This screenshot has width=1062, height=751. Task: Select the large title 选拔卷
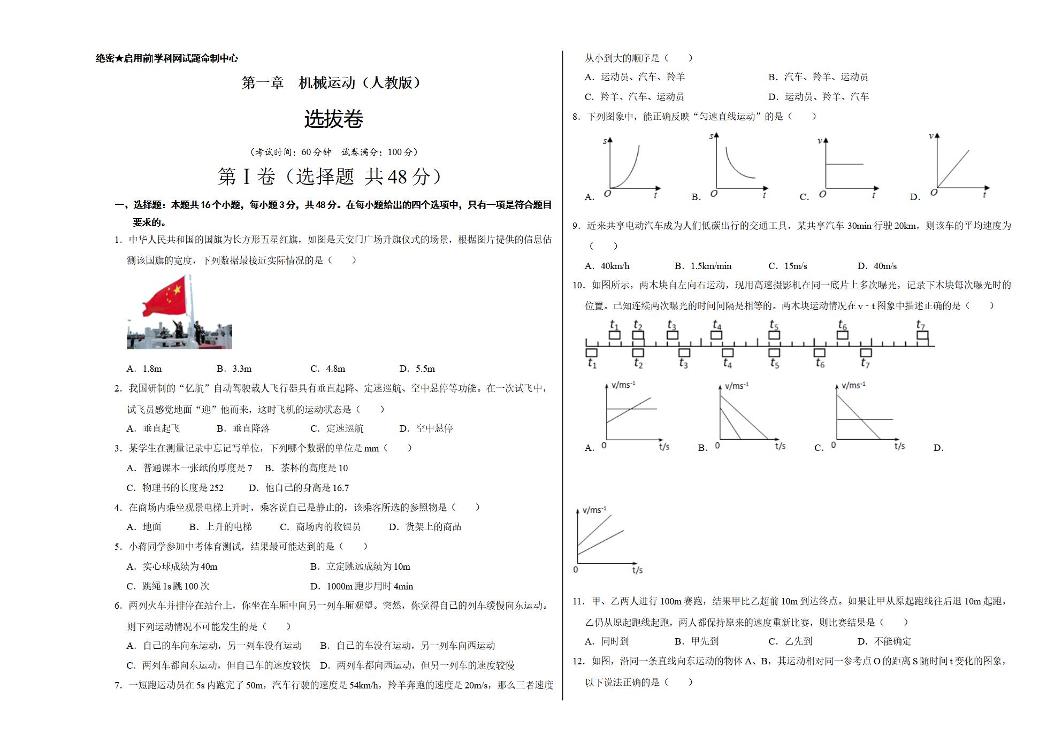pos(334,119)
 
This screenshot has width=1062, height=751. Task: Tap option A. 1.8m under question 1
pos(144,369)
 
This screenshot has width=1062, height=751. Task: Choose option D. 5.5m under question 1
pos(417,369)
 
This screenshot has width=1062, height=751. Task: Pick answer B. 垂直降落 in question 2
pos(243,428)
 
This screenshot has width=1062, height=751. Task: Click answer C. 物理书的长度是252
pos(175,488)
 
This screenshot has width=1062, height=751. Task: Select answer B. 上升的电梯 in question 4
pos(220,527)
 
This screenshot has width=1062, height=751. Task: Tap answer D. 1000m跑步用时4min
pos(362,586)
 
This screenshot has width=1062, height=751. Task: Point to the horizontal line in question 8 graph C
pos(844,164)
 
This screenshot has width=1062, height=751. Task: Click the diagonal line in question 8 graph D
pos(953,168)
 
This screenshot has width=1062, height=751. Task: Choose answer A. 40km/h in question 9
pos(607,266)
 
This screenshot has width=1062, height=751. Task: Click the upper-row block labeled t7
pos(922,335)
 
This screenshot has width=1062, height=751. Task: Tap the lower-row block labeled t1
pos(591,352)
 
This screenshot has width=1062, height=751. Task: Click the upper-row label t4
pos(717,324)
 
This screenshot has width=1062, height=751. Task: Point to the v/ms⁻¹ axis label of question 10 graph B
pos(737,386)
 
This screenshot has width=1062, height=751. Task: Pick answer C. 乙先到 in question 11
pos(790,641)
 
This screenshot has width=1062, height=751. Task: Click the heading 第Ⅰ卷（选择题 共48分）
pos(331,177)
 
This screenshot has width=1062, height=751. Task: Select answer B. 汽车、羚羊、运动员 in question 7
pos(818,77)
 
